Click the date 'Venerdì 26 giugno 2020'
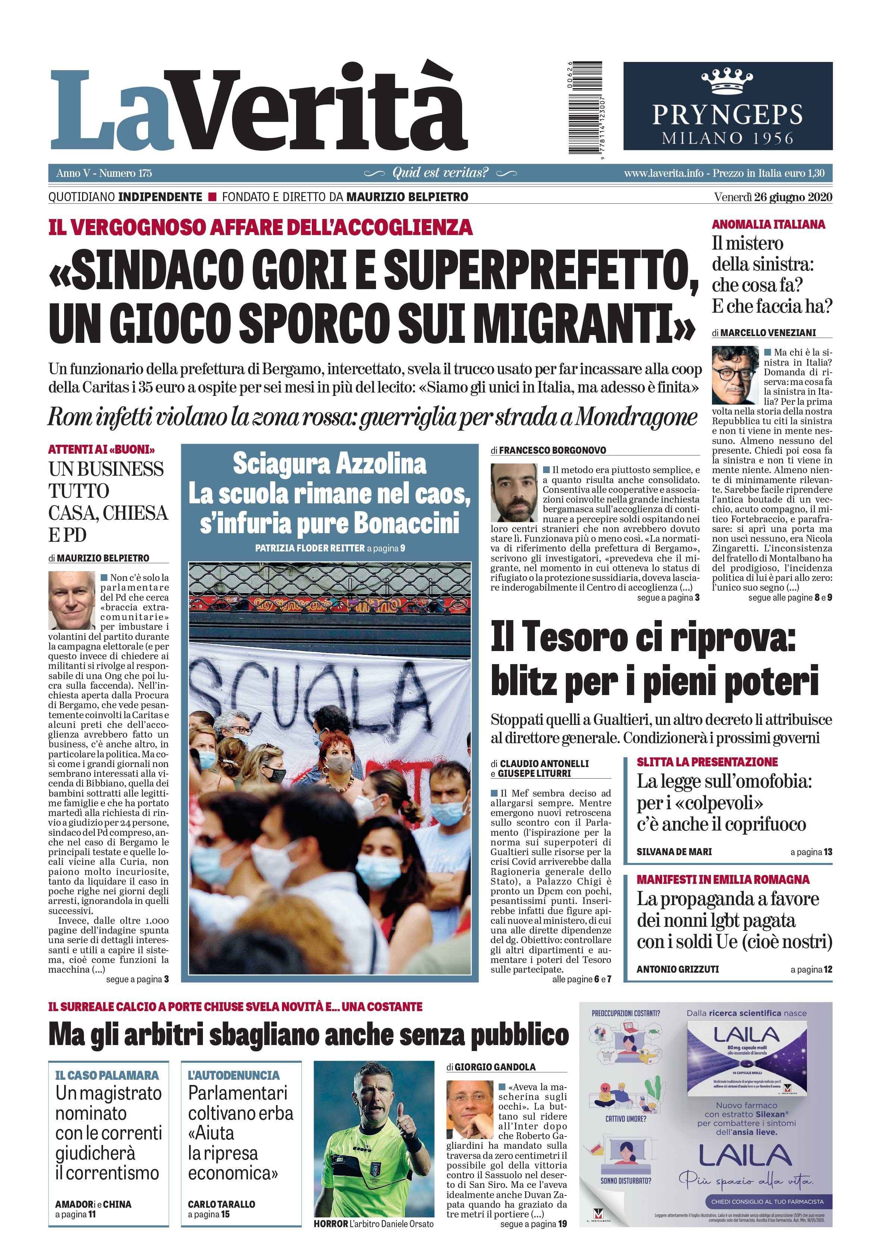[x=772, y=197]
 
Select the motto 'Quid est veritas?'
[x=440, y=173]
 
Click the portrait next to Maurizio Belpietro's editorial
[x=71, y=600]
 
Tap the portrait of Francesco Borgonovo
[x=514, y=492]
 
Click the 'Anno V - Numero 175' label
[x=104, y=173]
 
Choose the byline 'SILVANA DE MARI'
[x=674, y=851]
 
